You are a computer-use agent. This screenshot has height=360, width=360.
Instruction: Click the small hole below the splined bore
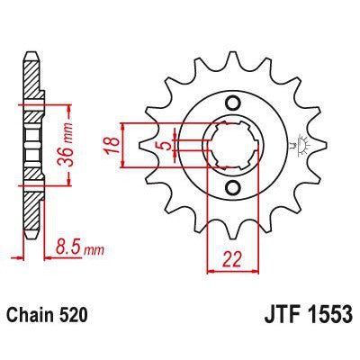click(x=232, y=187)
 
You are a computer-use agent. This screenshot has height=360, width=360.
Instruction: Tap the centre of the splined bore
click(x=232, y=144)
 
